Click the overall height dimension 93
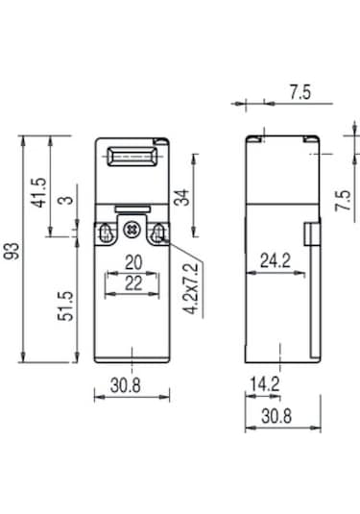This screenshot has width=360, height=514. (x=12, y=252)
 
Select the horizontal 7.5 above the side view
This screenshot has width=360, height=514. (x=300, y=92)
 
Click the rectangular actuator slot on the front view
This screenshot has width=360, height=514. (x=131, y=156)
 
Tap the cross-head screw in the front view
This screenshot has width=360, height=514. (x=131, y=232)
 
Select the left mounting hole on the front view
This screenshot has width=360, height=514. (x=108, y=232)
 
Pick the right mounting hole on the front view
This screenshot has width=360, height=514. (x=154, y=232)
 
